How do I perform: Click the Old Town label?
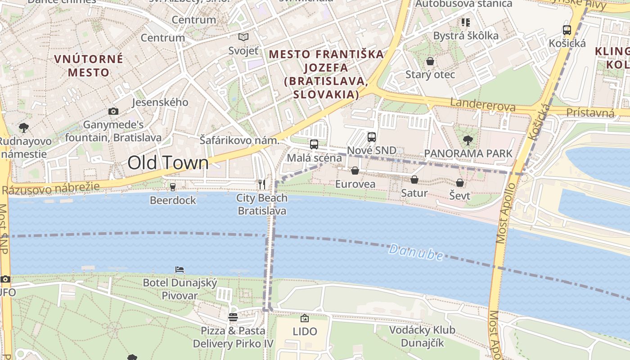(168, 162)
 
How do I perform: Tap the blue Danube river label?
(416, 252)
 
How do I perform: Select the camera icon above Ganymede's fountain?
(113, 111)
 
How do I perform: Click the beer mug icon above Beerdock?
(172, 187)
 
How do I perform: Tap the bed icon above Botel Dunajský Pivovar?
(180, 270)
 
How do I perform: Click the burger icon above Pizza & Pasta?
(233, 317)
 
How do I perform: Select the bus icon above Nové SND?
(371, 137)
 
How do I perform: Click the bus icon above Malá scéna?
(314, 144)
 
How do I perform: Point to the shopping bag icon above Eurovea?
(355, 171)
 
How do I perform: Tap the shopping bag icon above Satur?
(414, 180)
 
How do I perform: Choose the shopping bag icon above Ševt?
(460, 182)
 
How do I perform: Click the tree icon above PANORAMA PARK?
(468, 140)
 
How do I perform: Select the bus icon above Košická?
(567, 30)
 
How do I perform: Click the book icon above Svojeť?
(243, 37)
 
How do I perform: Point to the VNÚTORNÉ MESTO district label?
(89, 65)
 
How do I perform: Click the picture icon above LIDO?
(305, 318)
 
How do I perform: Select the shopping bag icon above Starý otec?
(430, 61)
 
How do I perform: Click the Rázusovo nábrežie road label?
(50, 189)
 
